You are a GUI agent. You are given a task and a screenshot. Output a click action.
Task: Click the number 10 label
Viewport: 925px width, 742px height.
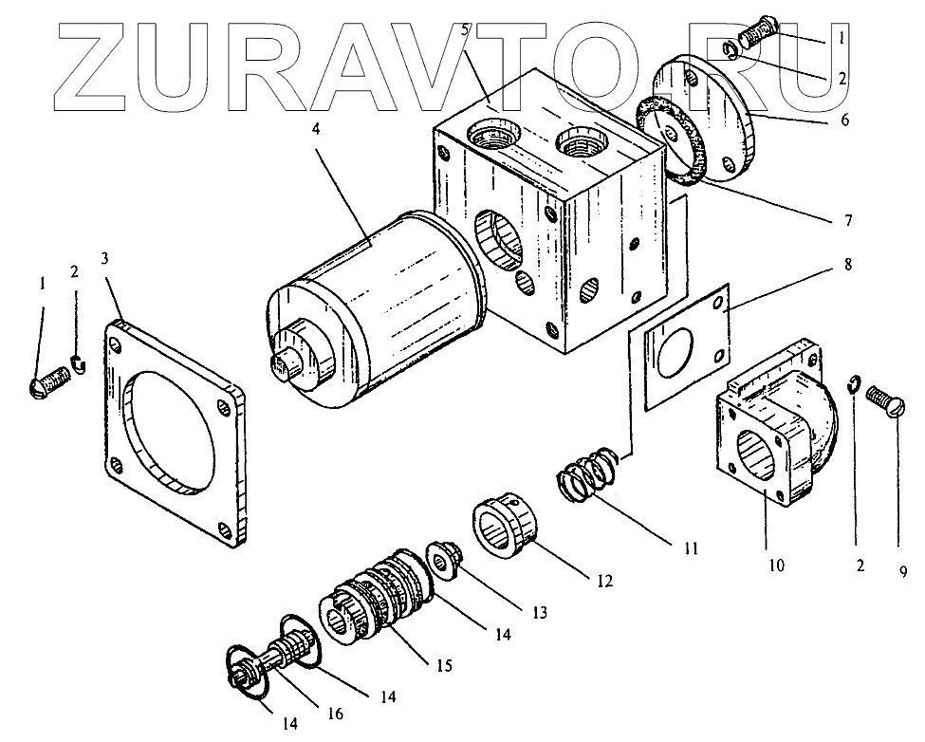[776, 566]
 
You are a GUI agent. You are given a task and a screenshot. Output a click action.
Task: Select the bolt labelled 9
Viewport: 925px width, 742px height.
[887, 403]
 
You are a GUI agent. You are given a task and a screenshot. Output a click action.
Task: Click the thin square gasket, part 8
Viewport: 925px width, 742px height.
[685, 346]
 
